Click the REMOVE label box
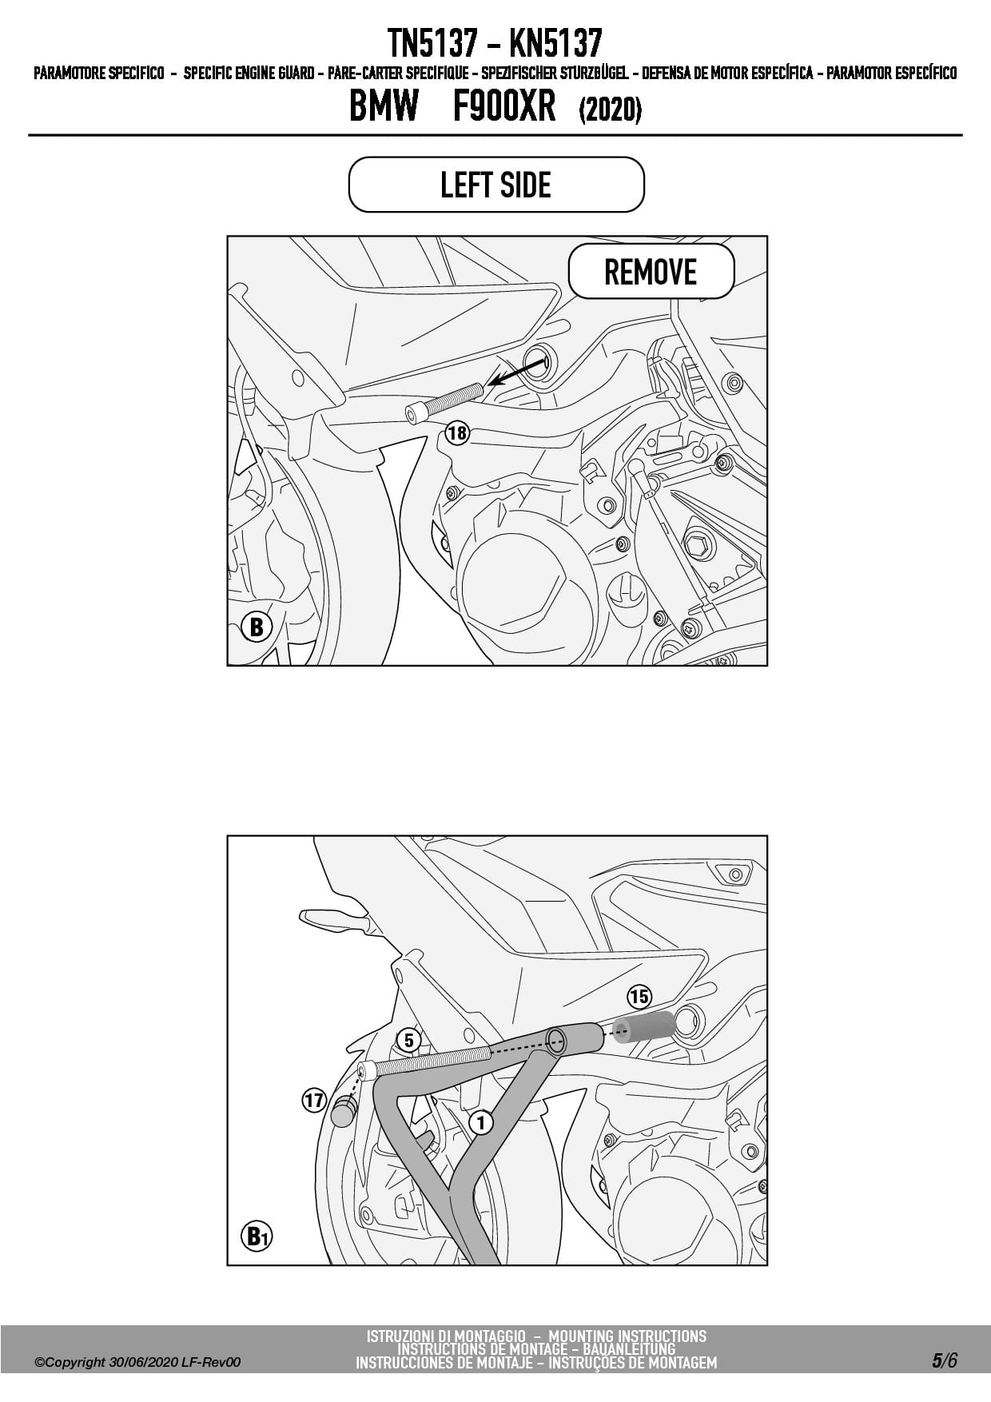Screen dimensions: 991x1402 click(x=651, y=272)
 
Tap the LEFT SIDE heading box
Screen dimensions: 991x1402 click(x=496, y=185)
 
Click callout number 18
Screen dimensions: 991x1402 click(x=457, y=434)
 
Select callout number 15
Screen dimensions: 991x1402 click(x=639, y=997)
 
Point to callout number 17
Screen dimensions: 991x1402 click(x=313, y=1101)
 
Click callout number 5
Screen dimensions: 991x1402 click(x=408, y=1040)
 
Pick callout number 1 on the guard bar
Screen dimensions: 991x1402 click(x=481, y=1122)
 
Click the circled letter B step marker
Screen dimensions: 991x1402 click(x=256, y=627)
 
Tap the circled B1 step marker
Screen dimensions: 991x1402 click(x=257, y=1237)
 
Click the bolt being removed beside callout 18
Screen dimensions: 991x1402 click(x=444, y=400)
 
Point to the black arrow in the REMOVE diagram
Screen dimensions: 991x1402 click(x=517, y=372)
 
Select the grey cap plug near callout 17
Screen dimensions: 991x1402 click(x=344, y=1112)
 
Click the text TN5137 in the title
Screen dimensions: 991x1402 click(x=432, y=42)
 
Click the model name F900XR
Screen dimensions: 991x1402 click(x=504, y=106)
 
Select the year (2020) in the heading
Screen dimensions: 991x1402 click(x=610, y=109)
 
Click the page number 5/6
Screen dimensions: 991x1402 click(x=944, y=1360)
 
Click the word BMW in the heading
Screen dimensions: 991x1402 click(x=384, y=106)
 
